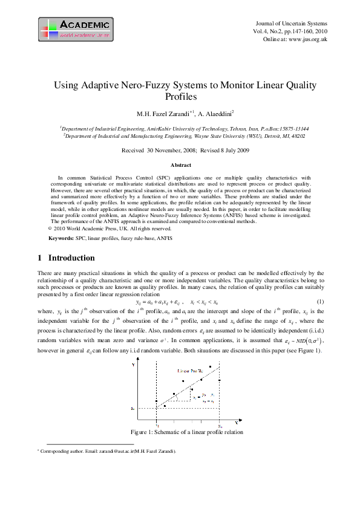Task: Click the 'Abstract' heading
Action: pyautogui.click(x=180, y=165)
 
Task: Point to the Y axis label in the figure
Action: pyautogui.click(x=134, y=365)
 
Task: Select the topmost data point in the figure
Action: pyautogui.click(x=210, y=367)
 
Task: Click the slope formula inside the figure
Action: pyautogui.click(x=206, y=397)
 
